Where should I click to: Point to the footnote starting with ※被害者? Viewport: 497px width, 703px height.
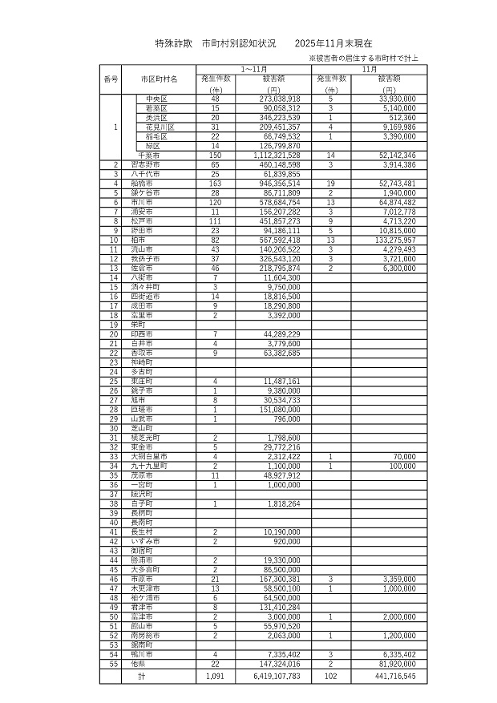click(368, 59)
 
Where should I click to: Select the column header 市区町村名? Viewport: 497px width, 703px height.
click(159, 79)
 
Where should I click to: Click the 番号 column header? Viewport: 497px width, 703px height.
click(111, 79)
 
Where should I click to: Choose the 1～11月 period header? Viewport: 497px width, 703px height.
click(254, 70)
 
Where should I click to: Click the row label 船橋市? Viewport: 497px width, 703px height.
click(145, 184)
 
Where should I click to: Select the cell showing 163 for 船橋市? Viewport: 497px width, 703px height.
click(215, 184)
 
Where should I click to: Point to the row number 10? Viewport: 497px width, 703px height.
click(115, 239)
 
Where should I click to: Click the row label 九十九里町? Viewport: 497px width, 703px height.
click(150, 465)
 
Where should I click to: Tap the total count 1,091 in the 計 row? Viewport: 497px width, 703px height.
click(215, 676)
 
